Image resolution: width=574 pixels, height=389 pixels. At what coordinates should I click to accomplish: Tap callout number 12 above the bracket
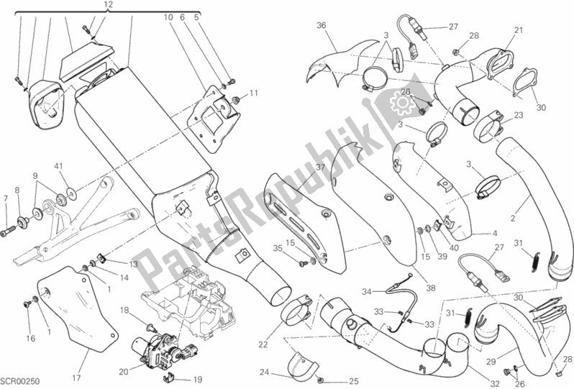click(109, 5)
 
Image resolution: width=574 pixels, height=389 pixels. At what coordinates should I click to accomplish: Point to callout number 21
click(518, 29)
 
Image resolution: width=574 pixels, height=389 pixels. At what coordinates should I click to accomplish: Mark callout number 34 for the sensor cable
click(369, 291)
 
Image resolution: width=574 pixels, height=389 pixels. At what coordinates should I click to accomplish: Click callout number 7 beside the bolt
click(5, 198)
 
